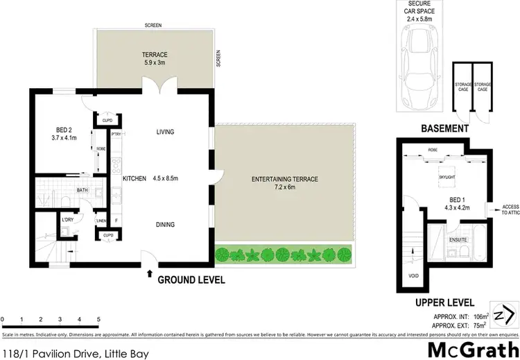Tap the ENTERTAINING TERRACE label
click(285, 179)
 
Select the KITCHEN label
click(135, 179)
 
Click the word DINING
click(164, 224)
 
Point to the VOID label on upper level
click(412, 275)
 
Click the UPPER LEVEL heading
click(444, 303)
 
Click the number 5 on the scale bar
click(98, 319)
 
